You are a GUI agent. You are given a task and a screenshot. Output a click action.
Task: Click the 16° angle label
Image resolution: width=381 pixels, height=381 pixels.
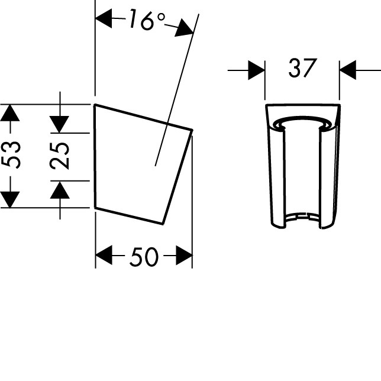click(147, 20)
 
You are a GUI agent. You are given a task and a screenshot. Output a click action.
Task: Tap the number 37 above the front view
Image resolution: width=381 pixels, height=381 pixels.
click(302, 68)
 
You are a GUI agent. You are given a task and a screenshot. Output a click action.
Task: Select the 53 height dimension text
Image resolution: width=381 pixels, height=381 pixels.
click(11, 154)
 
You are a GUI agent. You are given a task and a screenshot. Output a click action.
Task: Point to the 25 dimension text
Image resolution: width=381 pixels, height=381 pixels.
click(60, 156)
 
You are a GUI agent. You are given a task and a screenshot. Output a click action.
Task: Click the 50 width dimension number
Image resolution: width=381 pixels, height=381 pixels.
click(144, 257)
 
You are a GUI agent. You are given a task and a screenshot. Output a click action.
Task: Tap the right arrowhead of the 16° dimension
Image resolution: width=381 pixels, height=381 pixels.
click(184, 28)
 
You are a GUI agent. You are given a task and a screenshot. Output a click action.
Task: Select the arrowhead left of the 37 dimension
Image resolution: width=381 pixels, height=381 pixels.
click(256, 70)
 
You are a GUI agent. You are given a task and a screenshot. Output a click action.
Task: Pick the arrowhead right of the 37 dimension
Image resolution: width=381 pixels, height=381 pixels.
click(348, 70)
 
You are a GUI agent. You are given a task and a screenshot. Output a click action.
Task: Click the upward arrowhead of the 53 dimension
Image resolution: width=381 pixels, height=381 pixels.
click(9, 113)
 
